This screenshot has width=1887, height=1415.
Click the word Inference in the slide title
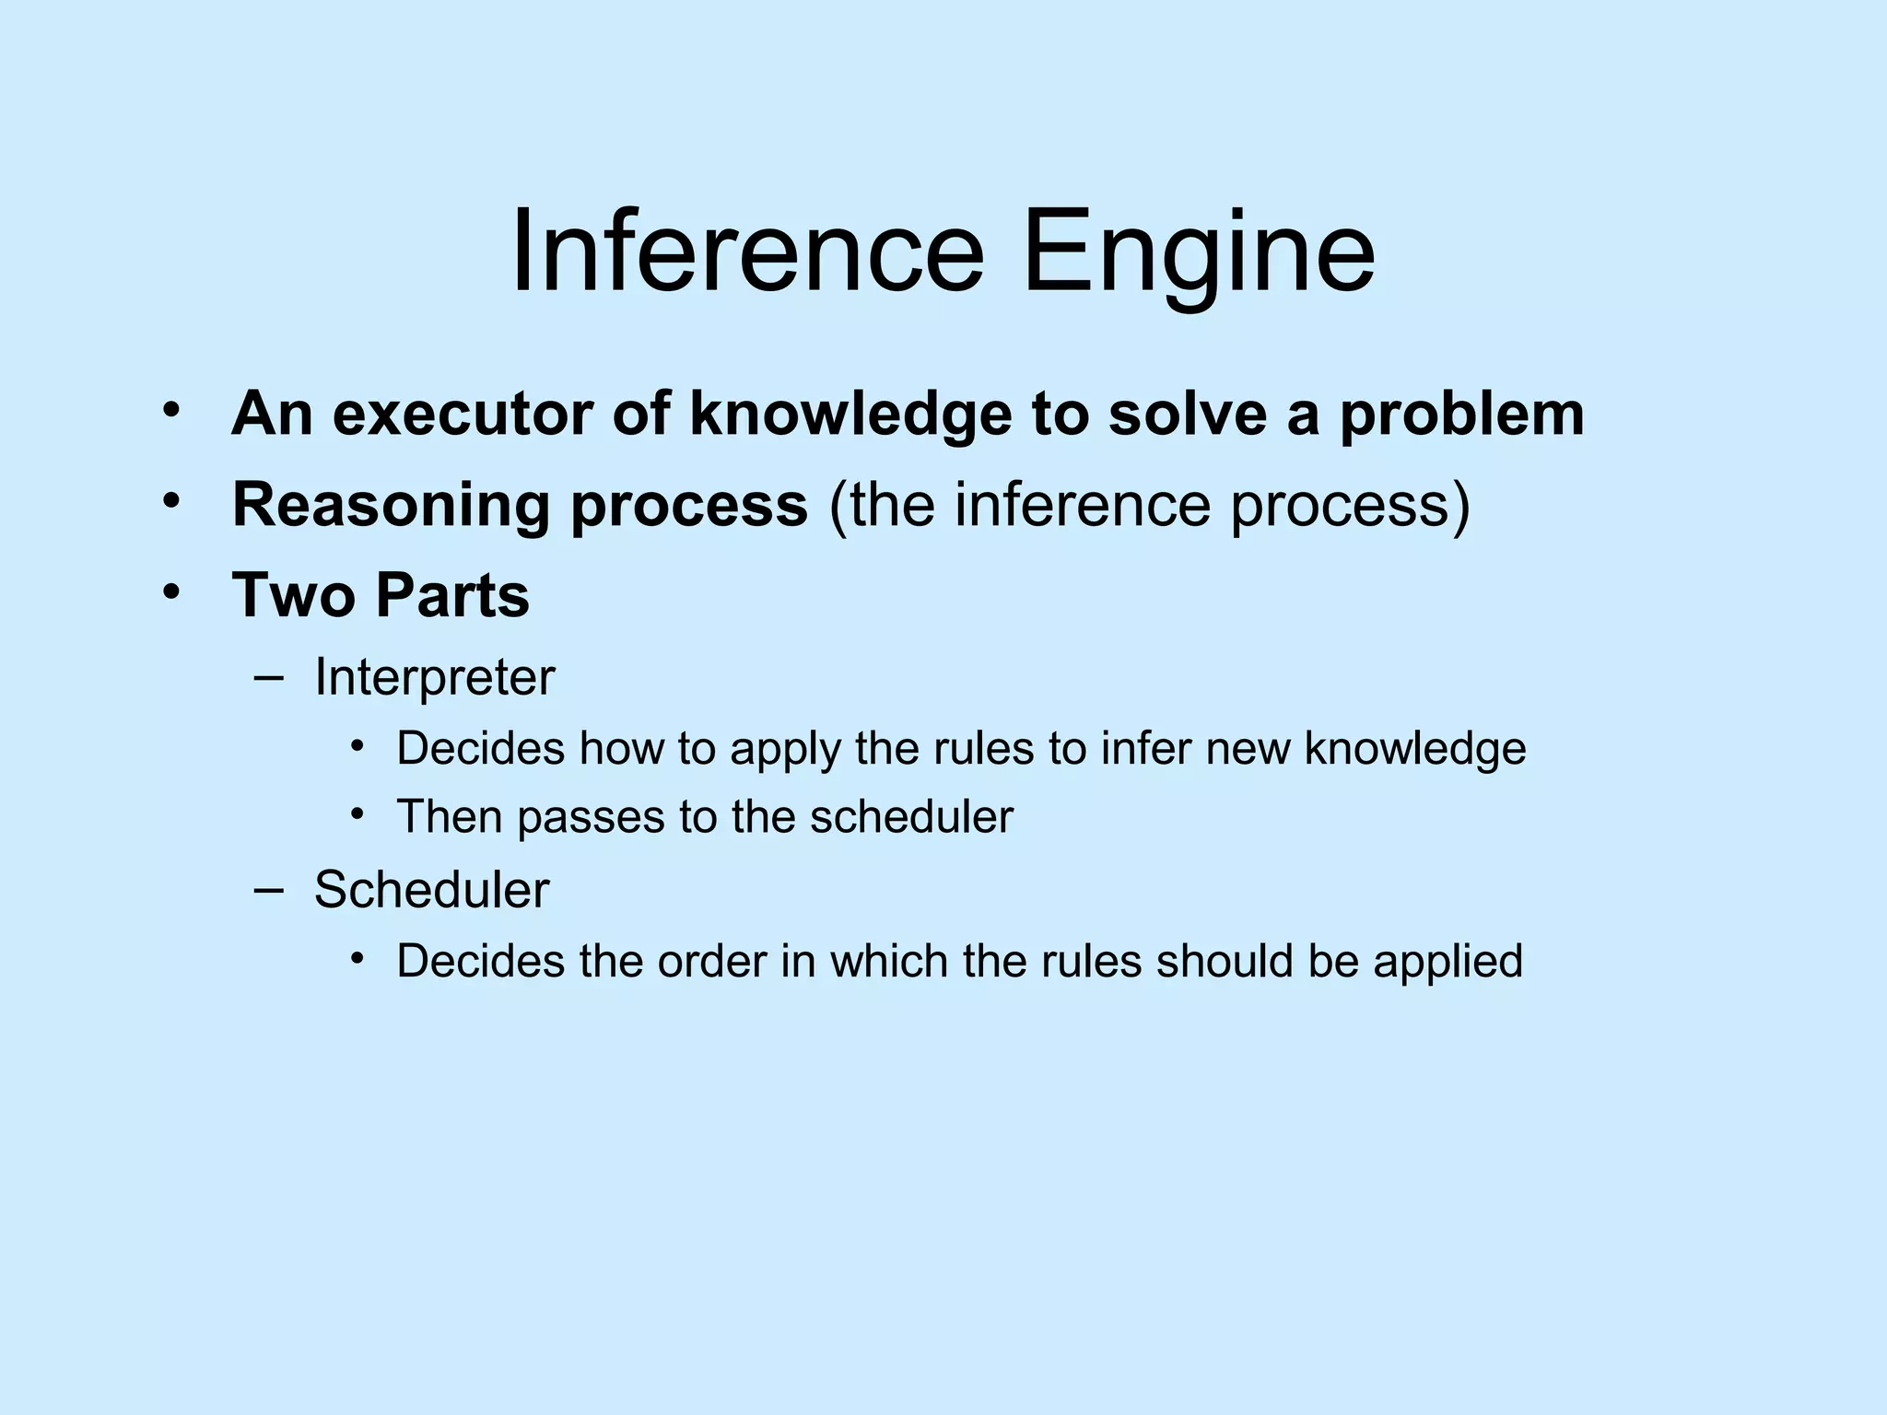click(x=747, y=251)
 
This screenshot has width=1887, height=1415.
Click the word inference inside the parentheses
click(x=1084, y=505)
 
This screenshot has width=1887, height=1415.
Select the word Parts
click(x=452, y=595)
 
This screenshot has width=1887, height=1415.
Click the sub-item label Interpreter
click(x=434, y=679)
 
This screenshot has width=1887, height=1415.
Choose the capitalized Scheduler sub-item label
click(x=431, y=890)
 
